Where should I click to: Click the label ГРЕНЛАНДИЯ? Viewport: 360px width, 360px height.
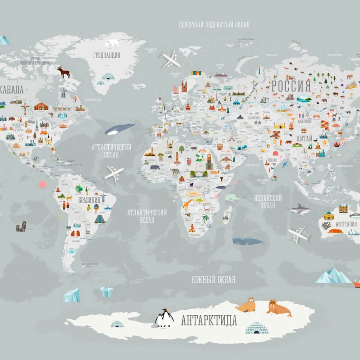pyautogui.click(x=107, y=55)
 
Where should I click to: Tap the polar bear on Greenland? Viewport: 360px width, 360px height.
pyautogui.click(x=112, y=43)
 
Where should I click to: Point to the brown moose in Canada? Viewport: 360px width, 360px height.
pyautogui.click(x=64, y=73)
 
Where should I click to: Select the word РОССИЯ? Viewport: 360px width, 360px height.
pyautogui.click(x=291, y=86)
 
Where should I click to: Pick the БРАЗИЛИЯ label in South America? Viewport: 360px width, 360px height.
pyautogui.click(x=89, y=200)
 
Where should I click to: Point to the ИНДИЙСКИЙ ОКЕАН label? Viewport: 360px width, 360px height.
pyautogui.click(x=267, y=202)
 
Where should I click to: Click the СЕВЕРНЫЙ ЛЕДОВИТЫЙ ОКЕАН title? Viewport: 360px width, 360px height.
pyautogui.click(x=214, y=25)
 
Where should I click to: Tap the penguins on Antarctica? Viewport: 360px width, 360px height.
pyautogui.click(x=164, y=318)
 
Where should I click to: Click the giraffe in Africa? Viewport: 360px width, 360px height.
pyautogui.click(x=188, y=205)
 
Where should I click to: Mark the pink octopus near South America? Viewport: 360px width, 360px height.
pyautogui.click(x=43, y=185)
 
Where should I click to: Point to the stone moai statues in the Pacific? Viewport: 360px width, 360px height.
pyautogui.click(x=21, y=227)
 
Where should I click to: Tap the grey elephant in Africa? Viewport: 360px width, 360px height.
pyautogui.click(x=175, y=171)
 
